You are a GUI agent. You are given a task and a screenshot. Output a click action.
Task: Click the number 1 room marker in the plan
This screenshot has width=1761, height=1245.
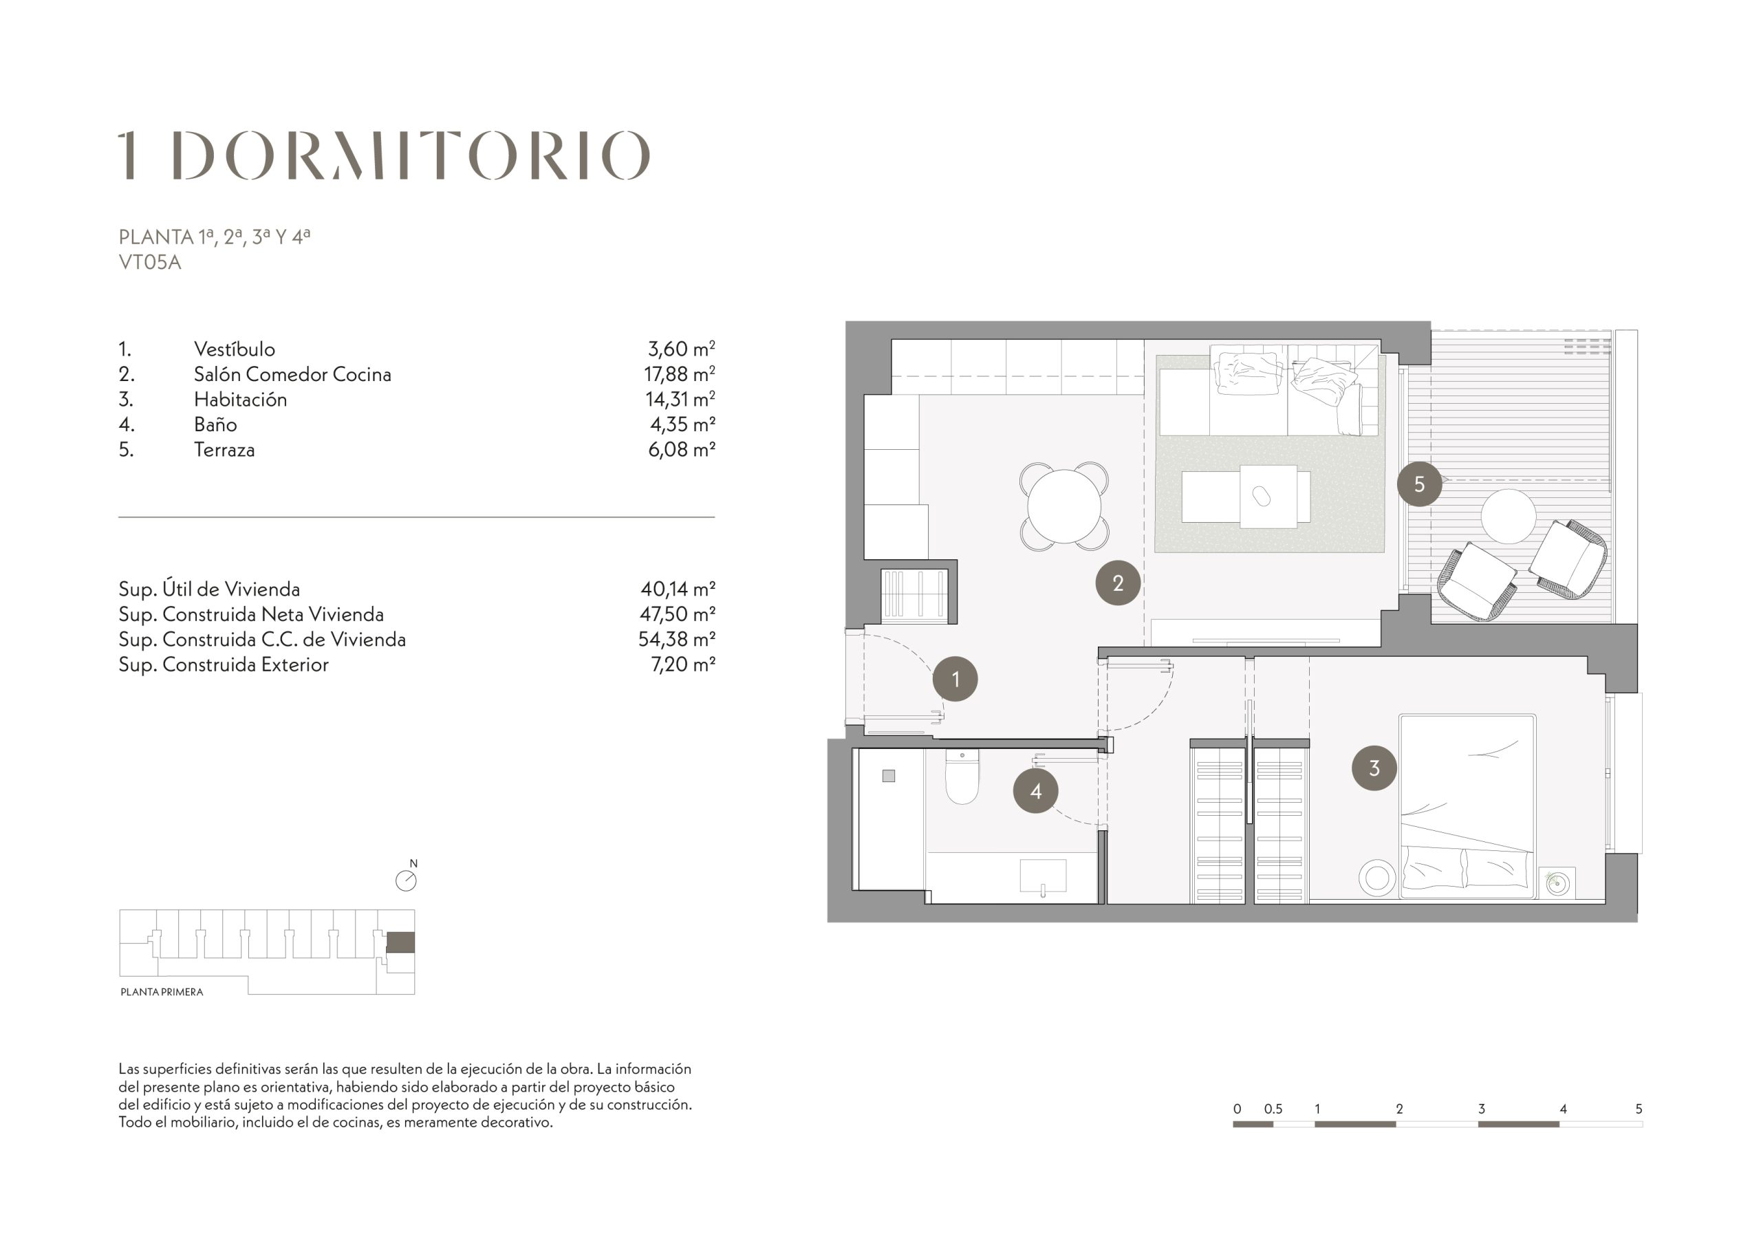[x=955, y=679]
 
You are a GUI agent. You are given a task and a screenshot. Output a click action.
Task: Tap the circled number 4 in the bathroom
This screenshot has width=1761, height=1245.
[x=1035, y=791]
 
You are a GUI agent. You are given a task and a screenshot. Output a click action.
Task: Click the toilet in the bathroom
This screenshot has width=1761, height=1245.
[x=962, y=777]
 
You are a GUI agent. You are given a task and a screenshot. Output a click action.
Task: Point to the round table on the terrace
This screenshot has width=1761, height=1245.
[x=1508, y=517]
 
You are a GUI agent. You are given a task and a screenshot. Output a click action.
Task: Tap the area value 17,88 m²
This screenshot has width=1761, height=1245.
[x=679, y=374]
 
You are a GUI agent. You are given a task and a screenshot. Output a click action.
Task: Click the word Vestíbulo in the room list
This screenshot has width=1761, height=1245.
[x=234, y=349]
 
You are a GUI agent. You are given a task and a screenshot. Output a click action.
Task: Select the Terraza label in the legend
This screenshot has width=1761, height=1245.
[x=224, y=450]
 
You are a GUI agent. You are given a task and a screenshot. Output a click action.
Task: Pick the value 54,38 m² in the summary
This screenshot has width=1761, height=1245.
[x=676, y=639]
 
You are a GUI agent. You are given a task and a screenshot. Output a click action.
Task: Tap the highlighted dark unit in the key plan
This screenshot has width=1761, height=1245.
[x=400, y=942]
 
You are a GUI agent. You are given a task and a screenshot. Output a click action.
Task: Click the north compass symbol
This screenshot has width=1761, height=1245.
[x=407, y=879]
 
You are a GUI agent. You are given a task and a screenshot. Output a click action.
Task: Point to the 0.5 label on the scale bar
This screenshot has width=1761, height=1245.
[x=1273, y=1108]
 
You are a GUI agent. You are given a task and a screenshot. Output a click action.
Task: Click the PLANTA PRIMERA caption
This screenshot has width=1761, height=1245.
[x=162, y=992]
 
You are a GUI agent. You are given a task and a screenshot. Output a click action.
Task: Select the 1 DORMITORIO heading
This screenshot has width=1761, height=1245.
[x=385, y=155]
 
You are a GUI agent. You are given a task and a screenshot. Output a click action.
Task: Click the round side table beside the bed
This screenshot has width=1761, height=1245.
[x=1378, y=878]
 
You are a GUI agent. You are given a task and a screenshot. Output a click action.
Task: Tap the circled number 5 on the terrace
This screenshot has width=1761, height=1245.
[x=1419, y=484]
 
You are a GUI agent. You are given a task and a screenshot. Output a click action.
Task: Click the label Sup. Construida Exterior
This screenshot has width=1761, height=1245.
[x=223, y=664]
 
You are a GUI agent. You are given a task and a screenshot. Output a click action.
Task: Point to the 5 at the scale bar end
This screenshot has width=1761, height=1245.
[x=1639, y=1108]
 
